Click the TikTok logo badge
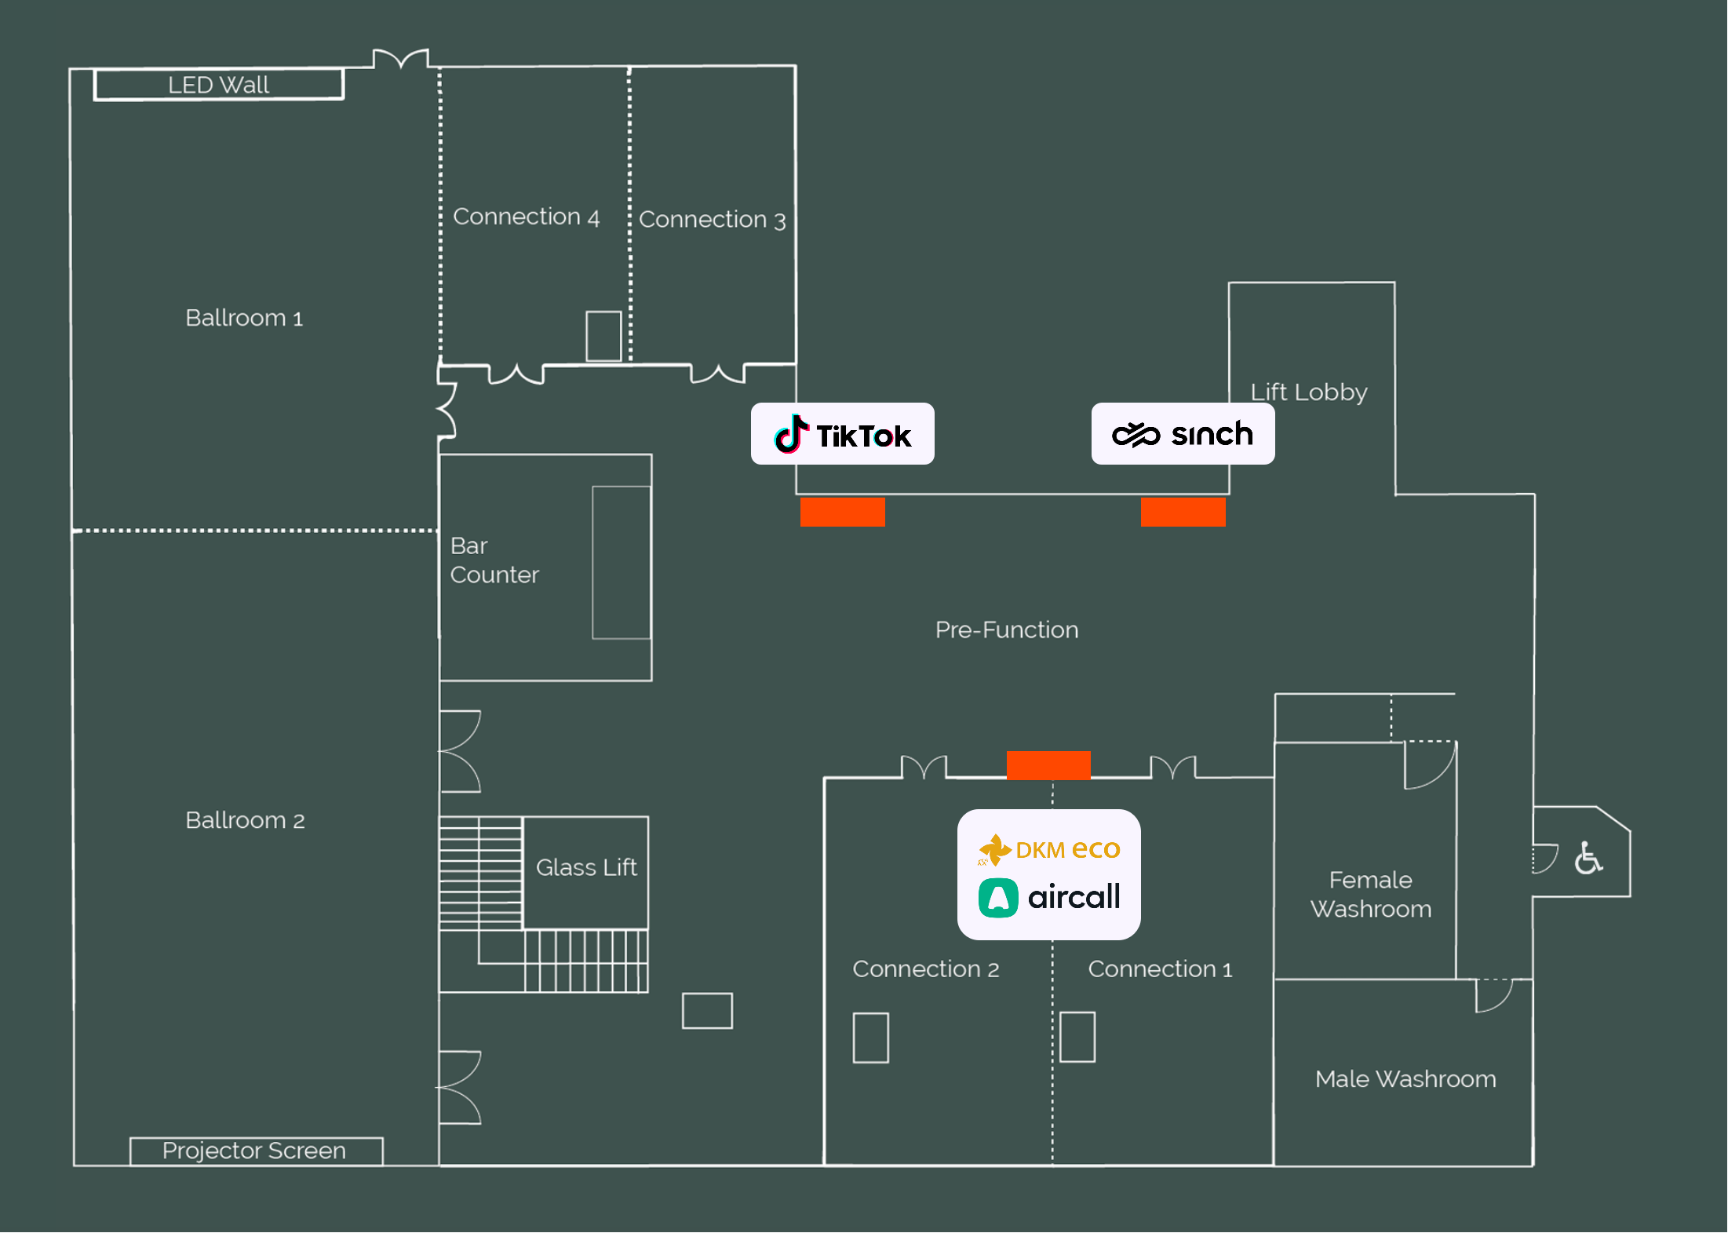(x=842, y=434)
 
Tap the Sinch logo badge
(x=1183, y=434)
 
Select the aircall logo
(x=1049, y=897)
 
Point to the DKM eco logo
(x=1049, y=849)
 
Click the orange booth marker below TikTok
(x=843, y=512)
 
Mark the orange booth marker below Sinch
(x=1183, y=512)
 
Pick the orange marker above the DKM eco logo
(x=1048, y=765)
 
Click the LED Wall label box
(x=219, y=85)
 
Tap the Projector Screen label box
(x=256, y=1151)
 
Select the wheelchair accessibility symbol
(x=1588, y=858)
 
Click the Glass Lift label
(x=586, y=867)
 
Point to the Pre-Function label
(x=1007, y=629)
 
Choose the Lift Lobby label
(x=1309, y=392)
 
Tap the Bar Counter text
(x=494, y=560)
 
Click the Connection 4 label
(x=526, y=217)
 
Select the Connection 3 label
(x=712, y=220)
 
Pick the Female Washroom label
(x=1371, y=895)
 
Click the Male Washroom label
(x=1405, y=1079)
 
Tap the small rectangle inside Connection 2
(x=871, y=1038)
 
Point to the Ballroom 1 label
(x=244, y=318)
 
